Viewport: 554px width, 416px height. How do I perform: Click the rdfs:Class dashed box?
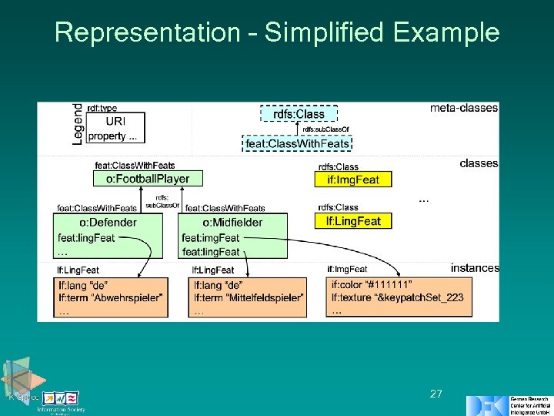(299, 114)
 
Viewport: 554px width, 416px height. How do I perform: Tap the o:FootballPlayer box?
(142, 179)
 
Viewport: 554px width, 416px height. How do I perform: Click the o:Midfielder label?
(232, 223)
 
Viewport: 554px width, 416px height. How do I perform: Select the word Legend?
(78, 123)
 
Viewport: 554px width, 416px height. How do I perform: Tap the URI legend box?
(115, 121)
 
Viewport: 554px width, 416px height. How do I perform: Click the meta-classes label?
(463, 108)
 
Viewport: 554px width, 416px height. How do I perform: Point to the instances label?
(475, 268)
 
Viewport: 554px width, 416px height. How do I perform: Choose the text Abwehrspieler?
(129, 297)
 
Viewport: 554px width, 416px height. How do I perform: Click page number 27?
(436, 394)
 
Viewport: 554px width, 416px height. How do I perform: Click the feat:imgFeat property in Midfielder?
(211, 238)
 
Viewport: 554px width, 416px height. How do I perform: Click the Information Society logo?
(61, 401)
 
